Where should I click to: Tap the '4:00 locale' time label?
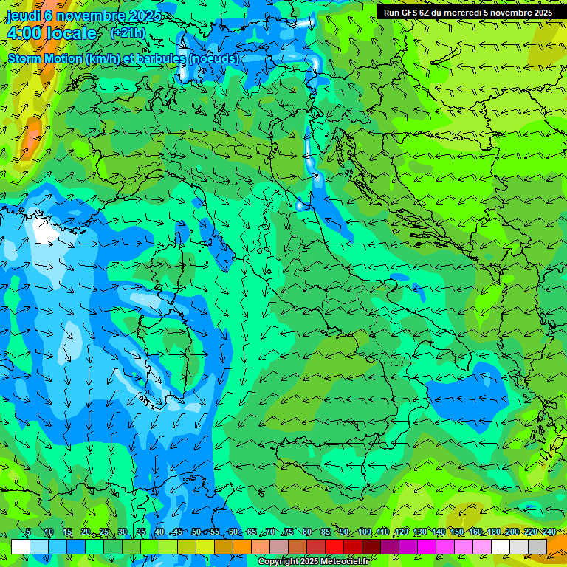coord(52,33)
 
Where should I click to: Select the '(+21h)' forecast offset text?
coord(128,32)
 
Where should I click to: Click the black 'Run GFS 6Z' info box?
coord(467,13)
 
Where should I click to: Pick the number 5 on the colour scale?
coord(28,532)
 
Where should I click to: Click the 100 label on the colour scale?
coord(365,532)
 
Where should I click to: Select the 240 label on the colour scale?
coord(549,532)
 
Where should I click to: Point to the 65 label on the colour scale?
coord(252,532)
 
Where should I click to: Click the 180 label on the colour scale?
coord(493,532)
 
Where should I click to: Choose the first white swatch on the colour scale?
coord(21,546)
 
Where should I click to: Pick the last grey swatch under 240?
coord(537,546)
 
